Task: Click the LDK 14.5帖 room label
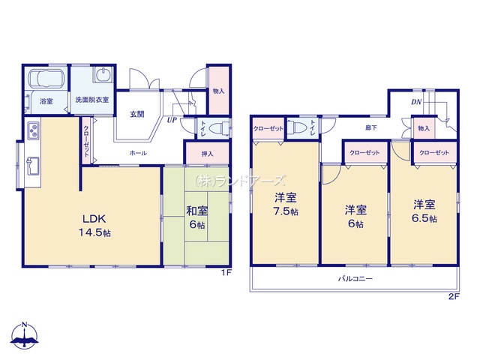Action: tap(94, 226)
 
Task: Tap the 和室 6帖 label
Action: tap(196, 217)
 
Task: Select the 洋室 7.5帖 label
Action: tap(286, 204)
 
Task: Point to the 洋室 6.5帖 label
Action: tap(424, 211)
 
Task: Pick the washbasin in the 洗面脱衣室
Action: tap(103, 74)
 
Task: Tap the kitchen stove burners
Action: tap(33, 130)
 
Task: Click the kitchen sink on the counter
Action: tap(33, 166)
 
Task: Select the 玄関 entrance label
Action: tap(136, 114)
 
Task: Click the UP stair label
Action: tap(172, 120)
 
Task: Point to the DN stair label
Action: tap(416, 102)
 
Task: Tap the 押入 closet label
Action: tap(207, 154)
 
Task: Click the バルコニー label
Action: tap(355, 278)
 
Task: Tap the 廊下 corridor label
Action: tap(371, 127)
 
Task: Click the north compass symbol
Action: tap(25, 335)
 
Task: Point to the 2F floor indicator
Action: tap(454, 296)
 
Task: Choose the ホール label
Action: tap(138, 153)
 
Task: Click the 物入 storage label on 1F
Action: tap(218, 91)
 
